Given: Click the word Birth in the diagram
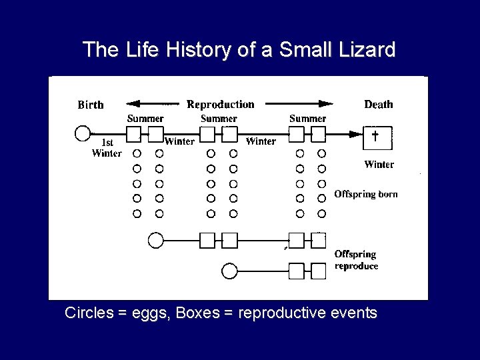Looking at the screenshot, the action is [91, 105].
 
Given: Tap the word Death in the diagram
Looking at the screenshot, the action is [378, 104].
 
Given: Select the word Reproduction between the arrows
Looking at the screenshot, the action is [220, 104].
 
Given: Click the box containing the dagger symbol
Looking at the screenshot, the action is [375, 137].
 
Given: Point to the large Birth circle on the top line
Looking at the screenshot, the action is [83, 133].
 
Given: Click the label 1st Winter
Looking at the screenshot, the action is [107, 148].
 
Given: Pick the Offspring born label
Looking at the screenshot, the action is [365, 195].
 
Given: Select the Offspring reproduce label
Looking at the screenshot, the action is [356, 260].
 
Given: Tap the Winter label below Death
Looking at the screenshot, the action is [379, 164].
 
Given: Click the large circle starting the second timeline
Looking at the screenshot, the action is [155, 240].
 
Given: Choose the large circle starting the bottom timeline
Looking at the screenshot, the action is [229, 271].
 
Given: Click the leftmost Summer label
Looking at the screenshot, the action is [145, 119].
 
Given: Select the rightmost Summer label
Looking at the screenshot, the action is [307, 119].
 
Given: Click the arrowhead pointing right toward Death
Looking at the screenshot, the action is [325, 104].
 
